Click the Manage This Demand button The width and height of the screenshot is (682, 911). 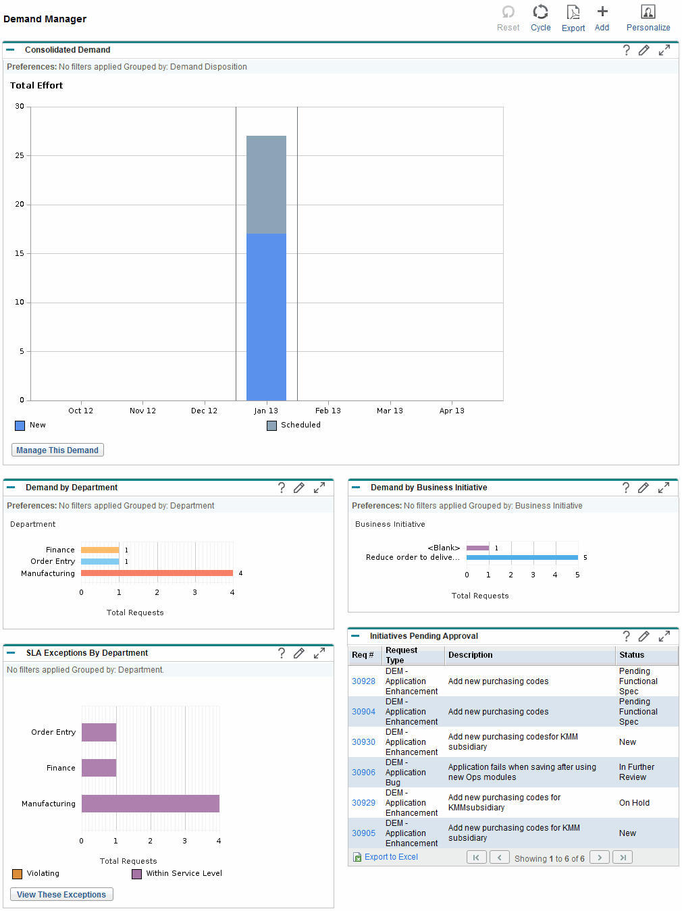pos(57,450)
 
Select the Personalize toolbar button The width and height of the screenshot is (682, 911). pos(648,18)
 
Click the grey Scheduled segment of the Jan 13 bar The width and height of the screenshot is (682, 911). pos(266,184)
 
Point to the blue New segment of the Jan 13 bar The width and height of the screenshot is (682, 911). pos(266,317)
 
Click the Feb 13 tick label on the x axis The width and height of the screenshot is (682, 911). pos(327,411)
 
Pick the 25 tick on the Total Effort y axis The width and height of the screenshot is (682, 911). pos(20,155)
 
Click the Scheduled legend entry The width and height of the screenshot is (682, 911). pos(294,425)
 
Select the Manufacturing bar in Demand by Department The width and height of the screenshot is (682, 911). pos(157,573)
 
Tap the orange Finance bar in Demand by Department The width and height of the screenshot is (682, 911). pos(100,550)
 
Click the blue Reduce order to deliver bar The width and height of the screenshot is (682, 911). pos(522,558)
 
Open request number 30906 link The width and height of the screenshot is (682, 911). pos(363,773)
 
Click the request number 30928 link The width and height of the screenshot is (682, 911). pos(363,681)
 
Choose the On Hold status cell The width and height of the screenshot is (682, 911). pos(634,803)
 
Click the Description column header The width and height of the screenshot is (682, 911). pos(471,655)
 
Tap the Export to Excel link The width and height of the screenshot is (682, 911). pos(391,857)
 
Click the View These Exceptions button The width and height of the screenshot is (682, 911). pos(61,894)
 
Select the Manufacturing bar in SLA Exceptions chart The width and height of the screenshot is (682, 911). pos(151,804)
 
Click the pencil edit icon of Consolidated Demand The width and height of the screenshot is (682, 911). pos(644,50)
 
